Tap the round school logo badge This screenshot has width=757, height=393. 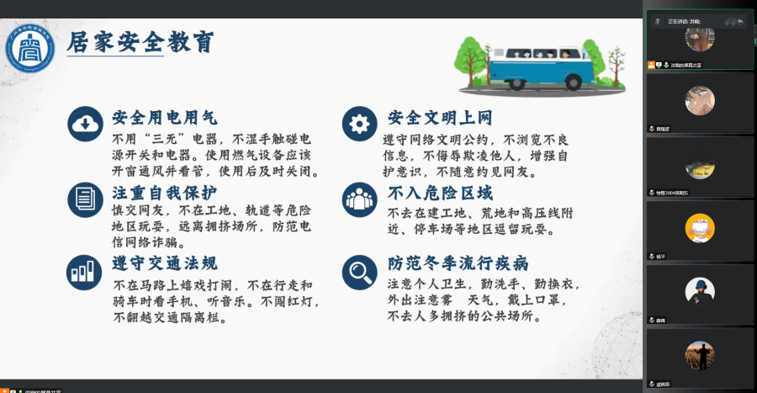click(30, 49)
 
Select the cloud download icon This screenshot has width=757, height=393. click(85, 125)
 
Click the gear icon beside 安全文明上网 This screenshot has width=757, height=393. click(359, 125)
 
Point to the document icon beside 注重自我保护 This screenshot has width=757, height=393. click(85, 199)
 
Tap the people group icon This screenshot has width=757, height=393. click(359, 199)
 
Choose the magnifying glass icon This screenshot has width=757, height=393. click(359, 271)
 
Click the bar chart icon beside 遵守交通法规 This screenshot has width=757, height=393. click(85, 271)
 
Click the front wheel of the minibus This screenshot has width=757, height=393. click(574, 82)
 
